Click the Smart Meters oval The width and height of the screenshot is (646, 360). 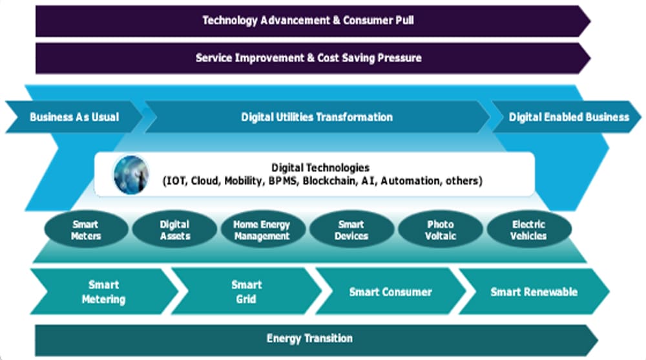[86, 229]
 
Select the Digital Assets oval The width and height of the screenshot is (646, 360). [174, 229]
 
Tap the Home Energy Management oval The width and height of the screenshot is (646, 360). [263, 229]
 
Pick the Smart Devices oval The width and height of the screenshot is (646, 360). [351, 229]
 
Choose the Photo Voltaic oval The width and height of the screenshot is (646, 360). [441, 229]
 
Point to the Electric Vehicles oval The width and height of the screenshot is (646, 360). [529, 229]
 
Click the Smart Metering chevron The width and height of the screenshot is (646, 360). [104, 291]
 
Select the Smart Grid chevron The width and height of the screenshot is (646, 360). [246, 291]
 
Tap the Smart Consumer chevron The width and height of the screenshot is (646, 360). [391, 291]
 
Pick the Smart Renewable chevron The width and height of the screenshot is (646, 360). [534, 291]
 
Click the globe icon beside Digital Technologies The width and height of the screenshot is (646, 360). [131, 175]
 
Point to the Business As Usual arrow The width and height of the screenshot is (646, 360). [74, 117]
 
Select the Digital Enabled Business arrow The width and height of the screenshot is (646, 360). [568, 117]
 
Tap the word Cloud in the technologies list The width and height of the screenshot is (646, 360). [205, 180]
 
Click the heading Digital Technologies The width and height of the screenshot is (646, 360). [320, 168]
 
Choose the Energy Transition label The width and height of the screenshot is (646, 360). [309, 339]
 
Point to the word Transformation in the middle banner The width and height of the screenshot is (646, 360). [354, 117]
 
